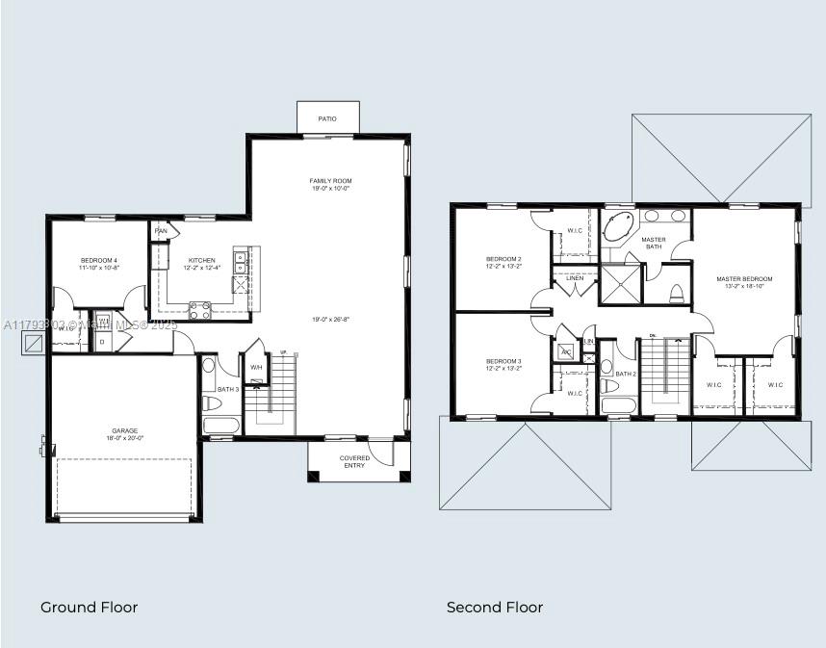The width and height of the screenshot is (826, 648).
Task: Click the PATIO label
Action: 327,118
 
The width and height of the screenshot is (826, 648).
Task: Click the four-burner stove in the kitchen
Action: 200,309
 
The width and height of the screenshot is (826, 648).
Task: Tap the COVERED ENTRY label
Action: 354,462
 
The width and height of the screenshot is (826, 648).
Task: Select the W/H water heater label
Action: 256,368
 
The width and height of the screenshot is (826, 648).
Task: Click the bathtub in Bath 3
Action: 221,425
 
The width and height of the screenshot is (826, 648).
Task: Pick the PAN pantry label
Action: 161,231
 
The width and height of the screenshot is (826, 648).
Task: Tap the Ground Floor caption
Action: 89,607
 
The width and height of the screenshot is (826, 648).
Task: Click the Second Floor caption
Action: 494,607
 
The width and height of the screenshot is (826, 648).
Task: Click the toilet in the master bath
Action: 676,293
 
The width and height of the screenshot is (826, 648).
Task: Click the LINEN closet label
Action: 575,277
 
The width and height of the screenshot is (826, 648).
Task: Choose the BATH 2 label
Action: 626,374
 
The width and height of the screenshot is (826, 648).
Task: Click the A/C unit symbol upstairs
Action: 567,351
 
